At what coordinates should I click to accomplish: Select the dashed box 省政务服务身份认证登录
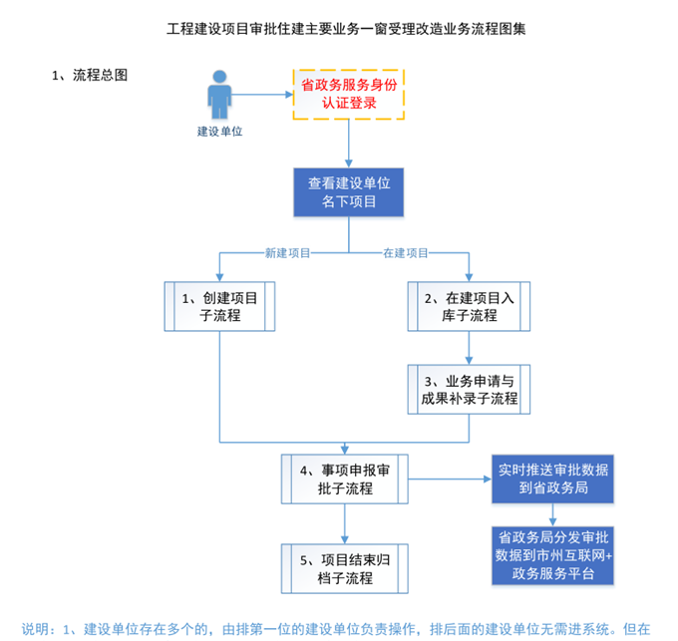(349, 94)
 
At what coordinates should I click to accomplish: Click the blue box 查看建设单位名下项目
(349, 192)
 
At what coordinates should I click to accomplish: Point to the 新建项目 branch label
(287, 252)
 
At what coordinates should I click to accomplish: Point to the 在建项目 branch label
(406, 252)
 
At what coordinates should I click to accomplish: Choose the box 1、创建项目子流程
(218, 306)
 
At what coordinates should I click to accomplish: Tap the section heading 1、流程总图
(90, 75)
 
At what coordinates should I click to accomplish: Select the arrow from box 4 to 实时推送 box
(449, 479)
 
